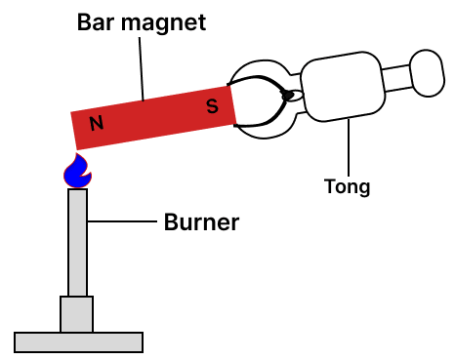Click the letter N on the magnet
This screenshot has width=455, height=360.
click(x=96, y=123)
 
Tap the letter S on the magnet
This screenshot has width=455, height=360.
click(x=212, y=106)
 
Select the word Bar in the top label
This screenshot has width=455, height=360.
click(x=98, y=21)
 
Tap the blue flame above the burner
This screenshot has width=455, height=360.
click(x=77, y=172)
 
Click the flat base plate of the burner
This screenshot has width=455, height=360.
click(x=78, y=341)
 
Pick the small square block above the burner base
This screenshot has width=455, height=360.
click(x=77, y=313)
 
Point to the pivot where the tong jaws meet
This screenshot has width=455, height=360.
click(x=287, y=96)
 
